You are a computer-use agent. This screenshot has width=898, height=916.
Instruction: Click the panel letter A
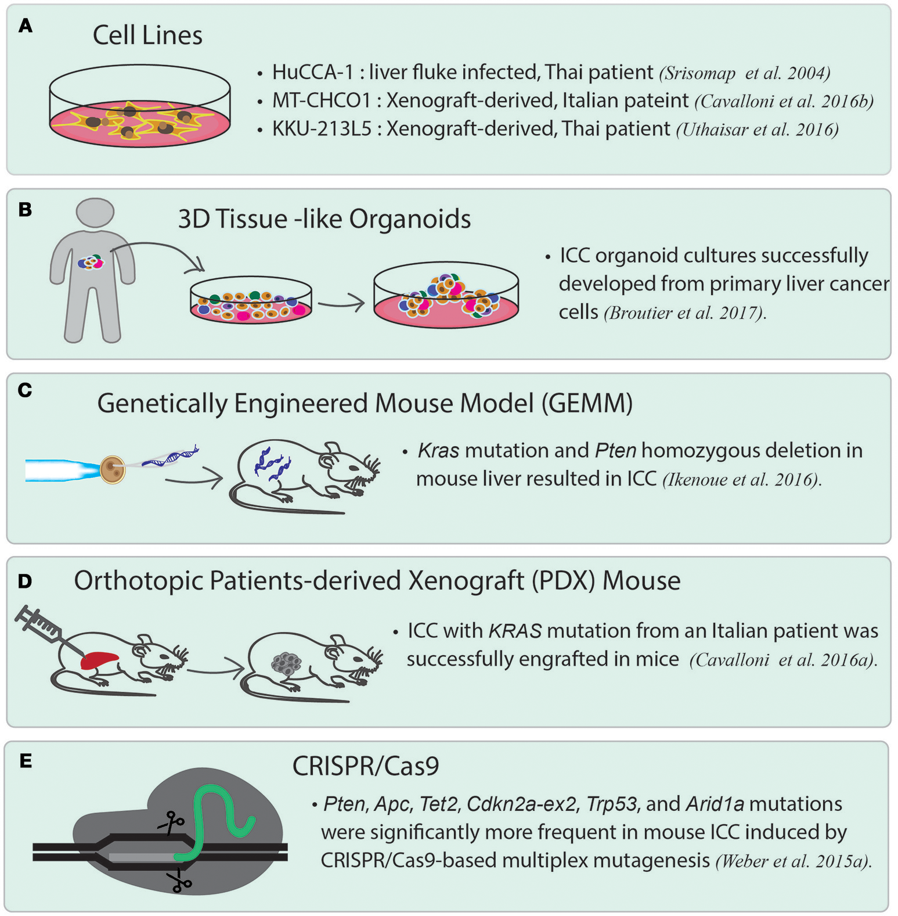point(25,26)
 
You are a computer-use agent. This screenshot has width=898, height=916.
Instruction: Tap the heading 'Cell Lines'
point(147,35)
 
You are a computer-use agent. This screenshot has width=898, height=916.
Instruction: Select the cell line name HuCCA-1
point(312,72)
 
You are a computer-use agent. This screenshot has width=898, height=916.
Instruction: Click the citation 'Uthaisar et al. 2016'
point(757,129)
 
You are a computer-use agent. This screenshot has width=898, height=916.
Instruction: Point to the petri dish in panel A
point(139,107)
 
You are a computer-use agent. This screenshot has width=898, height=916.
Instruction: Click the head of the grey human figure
point(95,213)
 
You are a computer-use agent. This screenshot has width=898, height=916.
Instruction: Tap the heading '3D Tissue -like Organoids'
point(324,219)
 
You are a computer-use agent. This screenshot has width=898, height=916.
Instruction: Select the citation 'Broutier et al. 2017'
point(685,313)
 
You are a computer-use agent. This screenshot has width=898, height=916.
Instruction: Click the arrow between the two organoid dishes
point(341,303)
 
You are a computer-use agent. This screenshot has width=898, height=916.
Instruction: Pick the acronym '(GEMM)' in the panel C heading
point(587,403)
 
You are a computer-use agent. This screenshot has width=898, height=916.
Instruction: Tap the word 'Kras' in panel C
point(438,451)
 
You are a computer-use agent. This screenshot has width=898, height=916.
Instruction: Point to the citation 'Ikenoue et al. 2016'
point(742,480)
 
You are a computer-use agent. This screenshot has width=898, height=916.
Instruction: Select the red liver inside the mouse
point(100,660)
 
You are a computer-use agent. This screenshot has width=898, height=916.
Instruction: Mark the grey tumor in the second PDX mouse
point(286,663)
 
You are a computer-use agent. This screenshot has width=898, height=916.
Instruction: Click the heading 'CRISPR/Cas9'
point(366,766)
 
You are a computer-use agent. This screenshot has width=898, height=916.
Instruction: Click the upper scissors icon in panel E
point(171,822)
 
